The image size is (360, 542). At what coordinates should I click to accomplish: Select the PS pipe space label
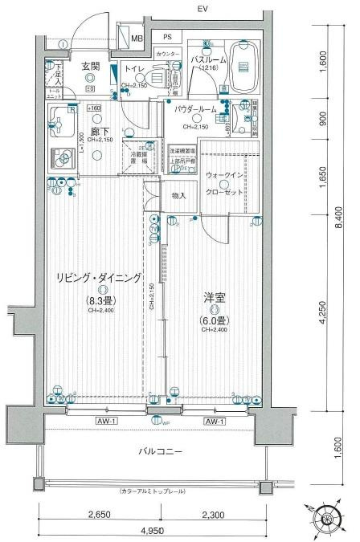click(x=167, y=37)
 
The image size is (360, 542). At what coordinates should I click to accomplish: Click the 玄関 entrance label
click(x=89, y=67)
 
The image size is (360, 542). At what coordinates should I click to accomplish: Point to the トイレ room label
click(x=133, y=70)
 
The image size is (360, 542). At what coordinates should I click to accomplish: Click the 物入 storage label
click(x=178, y=195)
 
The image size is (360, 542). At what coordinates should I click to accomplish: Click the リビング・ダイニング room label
click(x=98, y=278)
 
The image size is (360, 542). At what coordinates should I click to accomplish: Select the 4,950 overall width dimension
click(x=150, y=531)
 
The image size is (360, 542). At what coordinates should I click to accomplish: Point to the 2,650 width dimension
click(x=99, y=516)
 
